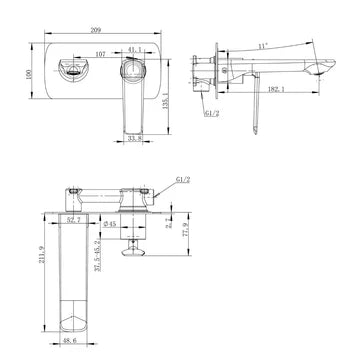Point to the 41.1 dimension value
click(134, 45)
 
